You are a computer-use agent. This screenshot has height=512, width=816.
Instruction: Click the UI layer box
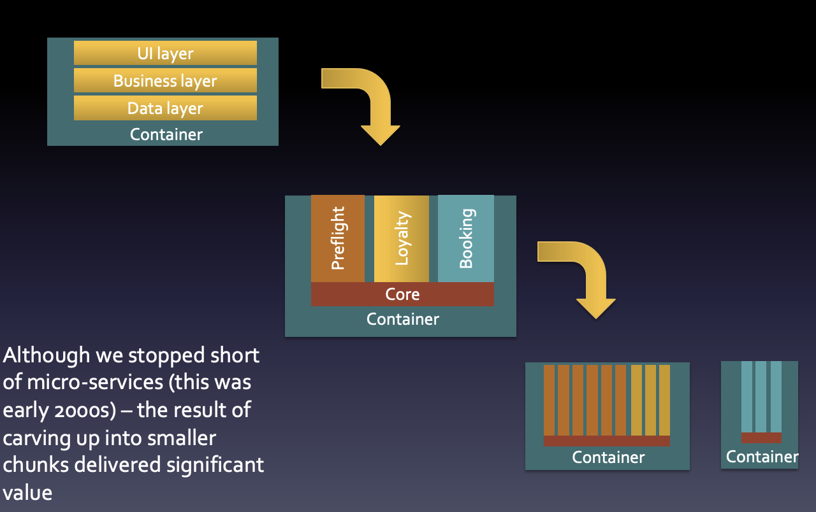(x=165, y=53)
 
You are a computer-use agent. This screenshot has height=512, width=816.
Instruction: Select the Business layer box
(x=165, y=81)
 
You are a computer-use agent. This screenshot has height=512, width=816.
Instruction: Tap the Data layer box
(x=165, y=108)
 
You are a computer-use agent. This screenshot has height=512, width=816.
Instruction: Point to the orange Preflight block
(x=338, y=239)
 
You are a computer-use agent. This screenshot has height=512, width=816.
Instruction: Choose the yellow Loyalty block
(x=402, y=239)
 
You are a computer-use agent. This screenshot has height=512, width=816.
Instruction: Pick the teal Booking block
(x=466, y=239)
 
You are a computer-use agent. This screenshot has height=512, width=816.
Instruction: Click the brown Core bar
(x=402, y=294)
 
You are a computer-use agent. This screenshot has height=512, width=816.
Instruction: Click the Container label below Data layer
(x=166, y=134)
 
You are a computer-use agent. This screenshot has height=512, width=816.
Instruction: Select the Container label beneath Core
(x=402, y=318)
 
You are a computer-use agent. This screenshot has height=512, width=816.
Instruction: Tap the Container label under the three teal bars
(x=762, y=457)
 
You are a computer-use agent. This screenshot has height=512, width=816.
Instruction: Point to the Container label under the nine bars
(x=608, y=457)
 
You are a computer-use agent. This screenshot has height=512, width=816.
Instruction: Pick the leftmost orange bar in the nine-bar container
(x=549, y=400)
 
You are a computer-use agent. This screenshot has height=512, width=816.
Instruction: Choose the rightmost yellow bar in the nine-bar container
(x=664, y=400)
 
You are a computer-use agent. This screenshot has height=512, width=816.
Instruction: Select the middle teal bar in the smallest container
(x=761, y=397)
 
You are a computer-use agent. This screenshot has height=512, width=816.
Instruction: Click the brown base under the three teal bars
(x=761, y=437)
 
